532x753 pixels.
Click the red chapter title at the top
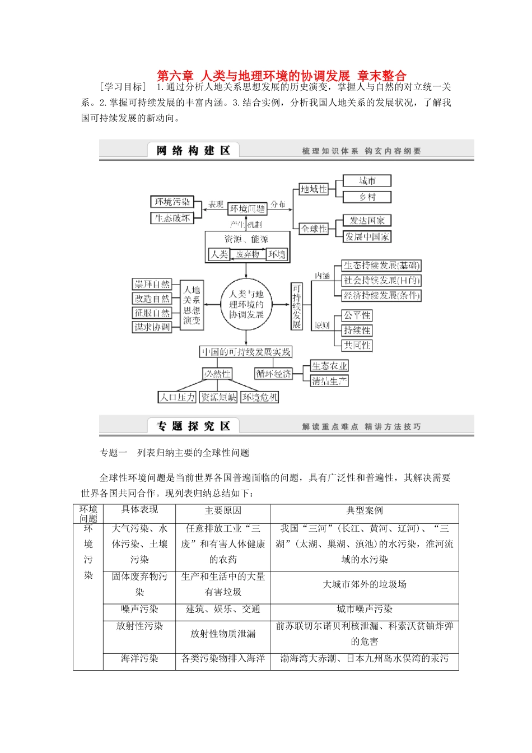click(x=281, y=76)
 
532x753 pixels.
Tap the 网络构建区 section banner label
click(x=193, y=150)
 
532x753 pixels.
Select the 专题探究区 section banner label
click(x=193, y=426)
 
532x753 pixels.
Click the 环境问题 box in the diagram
click(x=247, y=208)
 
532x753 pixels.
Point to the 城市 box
click(x=367, y=181)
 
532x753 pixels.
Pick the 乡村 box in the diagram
click(x=367, y=197)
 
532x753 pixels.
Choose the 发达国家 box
click(x=367, y=220)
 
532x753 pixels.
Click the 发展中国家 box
click(x=367, y=236)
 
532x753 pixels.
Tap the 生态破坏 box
click(x=172, y=218)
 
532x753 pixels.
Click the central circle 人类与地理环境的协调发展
click(x=246, y=304)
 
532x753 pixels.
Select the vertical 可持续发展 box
click(x=296, y=306)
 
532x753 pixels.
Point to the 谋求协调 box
click(x=152, y=327)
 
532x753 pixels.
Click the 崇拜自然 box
click(x=152, y=284)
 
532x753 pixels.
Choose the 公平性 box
click(x=357, y=315)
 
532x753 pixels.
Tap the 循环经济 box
click(x=274, y=373)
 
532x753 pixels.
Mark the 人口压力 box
click(x=177, y=397)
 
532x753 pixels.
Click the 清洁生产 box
click(x=329, y=381)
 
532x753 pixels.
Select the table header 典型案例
click(x=364, y=510)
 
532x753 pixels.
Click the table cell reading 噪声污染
click(x=139, y=609)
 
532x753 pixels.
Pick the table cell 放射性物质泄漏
click(x=223, y=634)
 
